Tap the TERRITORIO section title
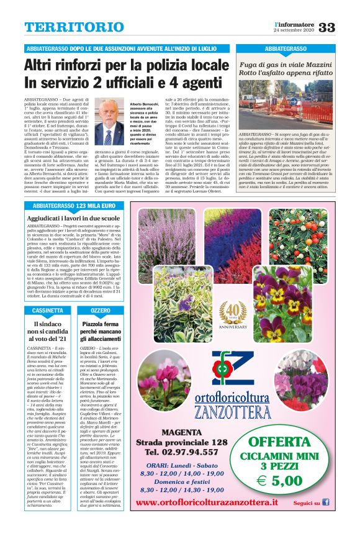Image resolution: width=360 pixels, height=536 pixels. point(65,27)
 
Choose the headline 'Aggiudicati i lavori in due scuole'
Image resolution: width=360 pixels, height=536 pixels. point(73,219)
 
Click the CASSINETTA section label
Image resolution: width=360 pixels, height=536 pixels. point(47,310)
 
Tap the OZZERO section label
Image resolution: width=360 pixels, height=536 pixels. point(101,310)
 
